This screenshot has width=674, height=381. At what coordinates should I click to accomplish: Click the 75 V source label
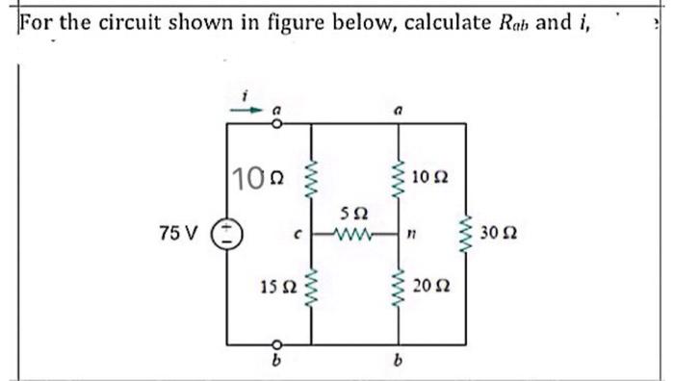pyautogui.click(x=180, y=234)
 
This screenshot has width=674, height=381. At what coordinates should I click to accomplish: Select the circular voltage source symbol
pyautogui.click(x=228, y=234)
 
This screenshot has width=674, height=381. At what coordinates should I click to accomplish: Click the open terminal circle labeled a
pyautogui.click(x=275, y=123)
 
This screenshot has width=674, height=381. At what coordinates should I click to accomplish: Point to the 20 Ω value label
pyautogui.click(x=431, y=285)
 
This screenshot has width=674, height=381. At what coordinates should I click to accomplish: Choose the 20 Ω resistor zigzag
pyautogui.click(x=395, y=285)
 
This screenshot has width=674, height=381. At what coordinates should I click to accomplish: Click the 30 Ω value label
pyautogui.click(x=503, y=234)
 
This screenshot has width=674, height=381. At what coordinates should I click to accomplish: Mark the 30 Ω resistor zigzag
pyautogui.click(x=466, y=234)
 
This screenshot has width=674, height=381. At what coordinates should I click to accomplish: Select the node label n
pyautogui.click(x=411, y=234)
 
